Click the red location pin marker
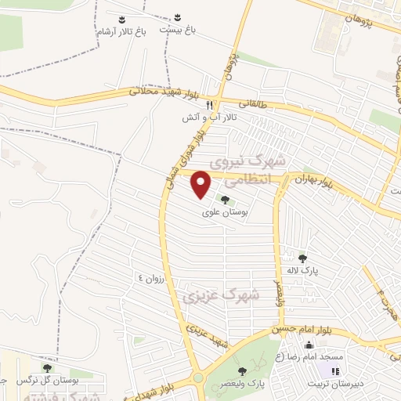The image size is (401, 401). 201,184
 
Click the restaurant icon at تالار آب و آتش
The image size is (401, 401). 209,105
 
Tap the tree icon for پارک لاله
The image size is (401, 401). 303,258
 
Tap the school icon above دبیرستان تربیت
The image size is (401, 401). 337,372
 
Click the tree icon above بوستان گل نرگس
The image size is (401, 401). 47,367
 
